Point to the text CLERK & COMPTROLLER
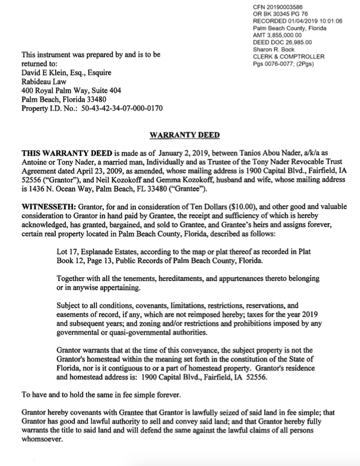(288, 57)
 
